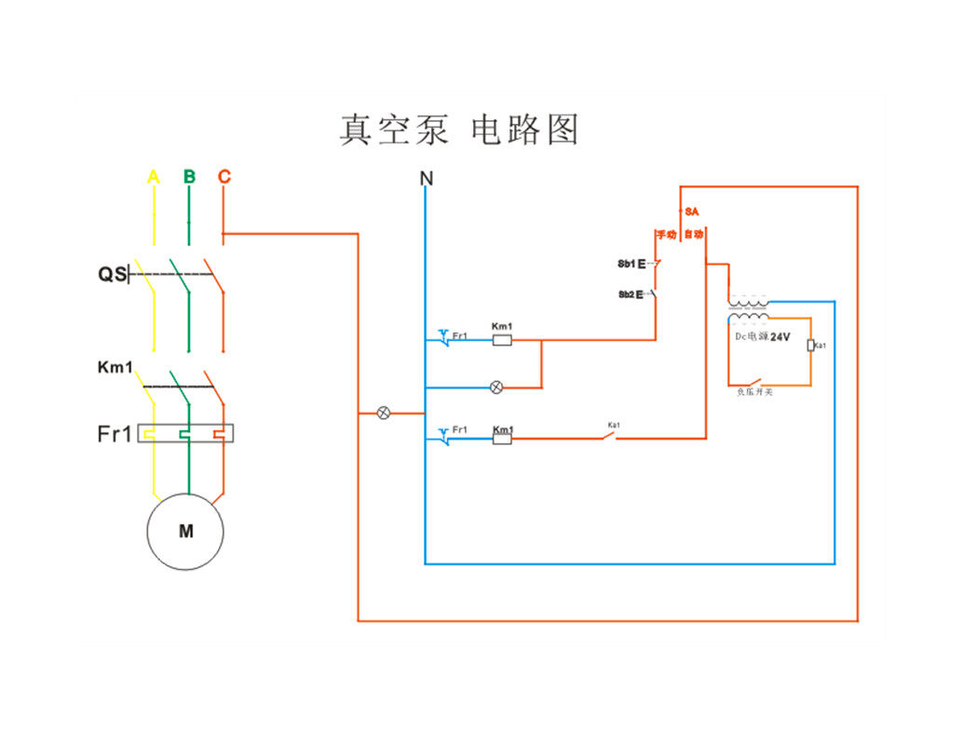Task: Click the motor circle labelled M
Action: [x=185, y=532]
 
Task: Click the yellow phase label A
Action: [x=154, y=177]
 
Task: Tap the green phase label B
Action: [x=189, y=177]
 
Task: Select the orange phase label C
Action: [x=224, y=177]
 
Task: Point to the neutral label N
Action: [x=426, y=178]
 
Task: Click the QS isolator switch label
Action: [x=112, y=275]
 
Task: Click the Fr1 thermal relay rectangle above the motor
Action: [x=185, y=433]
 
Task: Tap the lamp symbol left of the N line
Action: [x=383, y=413]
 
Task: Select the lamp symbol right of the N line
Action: [x=496, y=387]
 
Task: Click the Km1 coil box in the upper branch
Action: [x=501, y=340]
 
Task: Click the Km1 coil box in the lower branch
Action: [x=501, y=438]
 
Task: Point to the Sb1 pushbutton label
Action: [x=626, y=264]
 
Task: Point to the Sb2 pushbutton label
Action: [x=626, y=294]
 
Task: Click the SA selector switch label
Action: [x=691, y=212]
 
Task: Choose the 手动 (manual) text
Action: [x=665, y=234]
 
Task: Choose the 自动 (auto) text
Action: [x=694, y=234]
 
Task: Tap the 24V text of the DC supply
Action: [x=780, y=337]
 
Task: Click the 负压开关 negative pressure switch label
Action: [x=754, y=392]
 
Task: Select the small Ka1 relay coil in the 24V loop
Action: [x=810, y=345]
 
